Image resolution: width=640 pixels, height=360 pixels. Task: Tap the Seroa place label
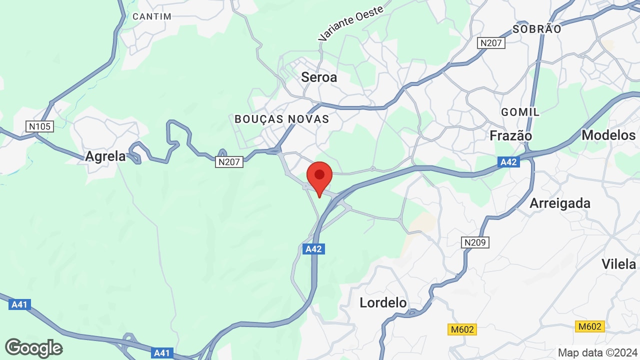pyautogui.click(x=319, y=77)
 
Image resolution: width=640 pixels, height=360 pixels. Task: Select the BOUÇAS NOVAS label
pyautogui.click(x=282, y=119)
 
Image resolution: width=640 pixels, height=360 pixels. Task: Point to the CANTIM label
pyautogui.click(x=152, y=16)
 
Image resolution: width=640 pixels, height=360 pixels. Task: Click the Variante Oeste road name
pyautogui.click(x=350, y=23)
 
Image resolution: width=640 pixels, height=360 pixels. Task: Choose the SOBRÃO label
pyautogui.click(x=537, y=29)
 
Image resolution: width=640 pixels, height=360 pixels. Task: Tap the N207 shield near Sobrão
pyautogui.click(x=490, y=43)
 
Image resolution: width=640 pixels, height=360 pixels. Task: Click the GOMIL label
pyautogui.click(x=520, y=112)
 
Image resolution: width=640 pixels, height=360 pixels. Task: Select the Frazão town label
pyautogui.click(x=510, y=135)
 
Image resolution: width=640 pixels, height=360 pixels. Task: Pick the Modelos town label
pyautogui.click(x=608, y=135)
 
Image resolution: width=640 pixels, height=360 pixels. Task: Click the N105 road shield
pyautogui.click(x=39, y=126)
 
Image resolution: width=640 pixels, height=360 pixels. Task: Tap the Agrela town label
pyautogui.click(x=105, y=156)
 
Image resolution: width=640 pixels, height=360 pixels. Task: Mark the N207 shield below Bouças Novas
pyautogui.click(x=229, y=162)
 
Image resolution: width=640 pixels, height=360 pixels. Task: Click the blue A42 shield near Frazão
pyautogui.click(x=509, y=162)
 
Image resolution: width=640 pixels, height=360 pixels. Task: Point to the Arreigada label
pyautogui.click(x=560, y=203)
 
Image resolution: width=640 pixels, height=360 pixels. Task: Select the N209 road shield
pyautogui.click(x=474, y=242)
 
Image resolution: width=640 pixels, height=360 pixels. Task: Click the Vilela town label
pyautogui.click(x=618, y=264)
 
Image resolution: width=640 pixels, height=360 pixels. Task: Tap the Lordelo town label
pyautogui.click(x=383, y=302)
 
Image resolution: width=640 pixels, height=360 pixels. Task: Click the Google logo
pyautogui.click(x=34, y=348)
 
